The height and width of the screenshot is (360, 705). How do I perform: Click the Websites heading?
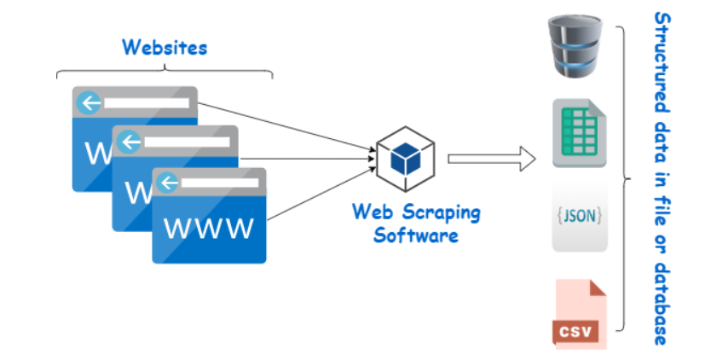(164, 46)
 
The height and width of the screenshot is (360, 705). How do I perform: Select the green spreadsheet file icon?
(579, 133)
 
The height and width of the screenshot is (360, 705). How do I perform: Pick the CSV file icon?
(579, 313)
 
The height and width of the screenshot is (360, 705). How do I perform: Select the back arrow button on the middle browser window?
(128, 142)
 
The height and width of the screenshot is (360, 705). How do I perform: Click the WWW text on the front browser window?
(209, 228)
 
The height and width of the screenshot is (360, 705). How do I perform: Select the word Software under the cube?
(416, 234)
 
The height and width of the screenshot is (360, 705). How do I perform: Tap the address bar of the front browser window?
(221, 183)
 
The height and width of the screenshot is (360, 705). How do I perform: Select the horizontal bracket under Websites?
(164, 72)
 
